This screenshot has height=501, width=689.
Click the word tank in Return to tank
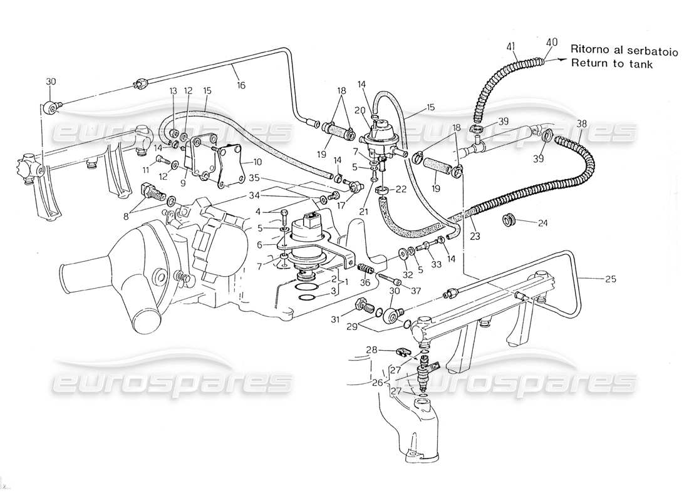click(x=640, y=63)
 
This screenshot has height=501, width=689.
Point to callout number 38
click(x=583, y=123)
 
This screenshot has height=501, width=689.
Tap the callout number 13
click(x=173, y=91)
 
